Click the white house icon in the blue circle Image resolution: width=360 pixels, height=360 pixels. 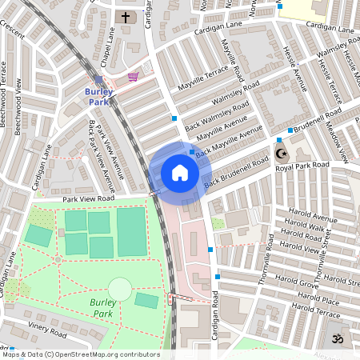click(x=180, y=173)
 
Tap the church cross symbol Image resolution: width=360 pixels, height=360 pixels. click(x=125, y=16)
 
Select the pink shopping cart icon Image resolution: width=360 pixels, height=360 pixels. click(x=134, y=77)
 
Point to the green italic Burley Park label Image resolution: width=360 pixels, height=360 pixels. click(x=104, y=307)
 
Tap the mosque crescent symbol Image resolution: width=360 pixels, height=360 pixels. click(x=280, y=153)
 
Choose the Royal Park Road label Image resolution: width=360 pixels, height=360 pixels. click(x=302, y=166)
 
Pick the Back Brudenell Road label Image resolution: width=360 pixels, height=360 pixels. click(x=237, y=174)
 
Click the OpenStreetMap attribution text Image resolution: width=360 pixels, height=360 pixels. click(x=80, y=354)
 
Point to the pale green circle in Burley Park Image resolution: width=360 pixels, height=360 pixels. click(x=119, y=288)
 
